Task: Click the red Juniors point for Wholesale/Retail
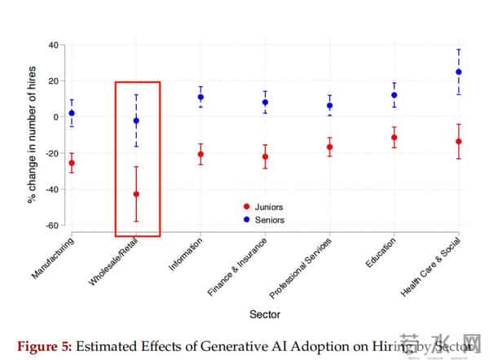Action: (x=136, y=194)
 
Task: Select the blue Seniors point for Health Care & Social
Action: (x=459, y=72)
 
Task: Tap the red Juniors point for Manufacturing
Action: (x=72, y=163)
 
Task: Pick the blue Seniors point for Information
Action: (x=200, y=97)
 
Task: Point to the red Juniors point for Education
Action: (x=394, y=137)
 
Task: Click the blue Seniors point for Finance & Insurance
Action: (x=265, y=103)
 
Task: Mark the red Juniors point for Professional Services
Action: (x=330, y=147)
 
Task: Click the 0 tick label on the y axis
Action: (x=52, y=116)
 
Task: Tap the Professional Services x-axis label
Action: (x=302, y=266)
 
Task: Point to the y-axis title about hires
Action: (x=33, y=135)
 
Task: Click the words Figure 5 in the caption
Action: (x=40, y=343)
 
